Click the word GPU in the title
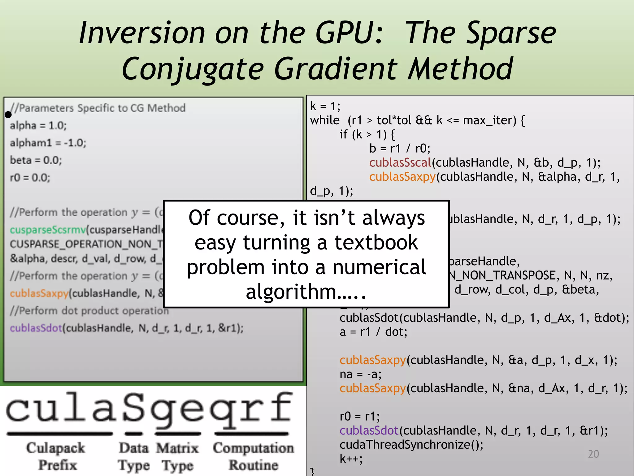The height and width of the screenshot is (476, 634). click(349, 33)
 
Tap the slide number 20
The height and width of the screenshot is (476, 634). click(593, 454)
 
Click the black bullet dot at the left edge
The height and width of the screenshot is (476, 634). click(8, 115)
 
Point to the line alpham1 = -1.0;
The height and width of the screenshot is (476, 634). click(48, 143)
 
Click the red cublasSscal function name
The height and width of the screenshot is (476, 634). click(400, 163)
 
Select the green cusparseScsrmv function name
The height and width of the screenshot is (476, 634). click(48, 230)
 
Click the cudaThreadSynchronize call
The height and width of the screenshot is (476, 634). click(411, 445)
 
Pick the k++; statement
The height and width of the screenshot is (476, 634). click(351, 459)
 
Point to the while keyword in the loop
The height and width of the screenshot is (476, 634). click(325, 120)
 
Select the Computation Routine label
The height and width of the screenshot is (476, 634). click(253, 456)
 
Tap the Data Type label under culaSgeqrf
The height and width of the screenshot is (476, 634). click(134, 456)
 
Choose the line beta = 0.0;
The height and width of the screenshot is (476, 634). click(36, 160)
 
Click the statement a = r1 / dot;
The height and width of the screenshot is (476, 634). click(373, 332)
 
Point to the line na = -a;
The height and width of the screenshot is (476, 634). click(360, 374)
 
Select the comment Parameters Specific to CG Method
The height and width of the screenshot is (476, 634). click(98, 108)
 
